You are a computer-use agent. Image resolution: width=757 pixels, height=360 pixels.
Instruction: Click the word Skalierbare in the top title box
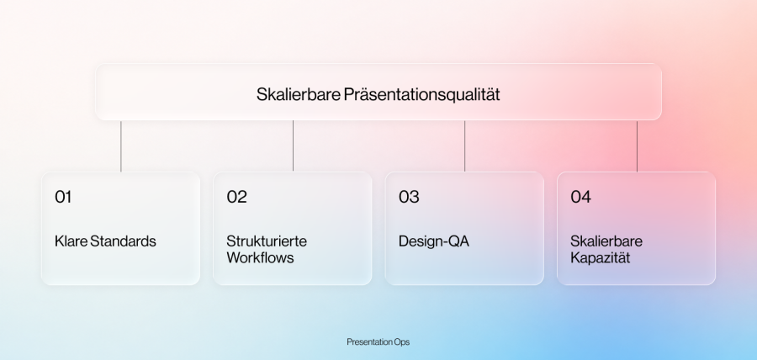tap(299, 94)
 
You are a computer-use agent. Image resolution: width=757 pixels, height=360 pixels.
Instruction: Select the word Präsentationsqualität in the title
tap(422, 94)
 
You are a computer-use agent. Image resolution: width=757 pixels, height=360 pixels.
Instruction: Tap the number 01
tap(63, 197)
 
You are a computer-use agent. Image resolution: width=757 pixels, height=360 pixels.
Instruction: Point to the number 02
tap(236, 197)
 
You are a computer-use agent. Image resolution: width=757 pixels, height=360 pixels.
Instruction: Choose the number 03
tap(409, 197)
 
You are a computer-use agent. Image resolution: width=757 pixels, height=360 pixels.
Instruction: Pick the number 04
tap(580, 197)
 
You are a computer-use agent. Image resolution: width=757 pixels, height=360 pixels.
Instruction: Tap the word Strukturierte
tap(267, 241)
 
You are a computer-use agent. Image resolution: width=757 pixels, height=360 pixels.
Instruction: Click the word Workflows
tap(260, 257)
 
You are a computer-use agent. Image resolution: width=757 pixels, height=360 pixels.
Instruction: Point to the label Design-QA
tap(433, 241)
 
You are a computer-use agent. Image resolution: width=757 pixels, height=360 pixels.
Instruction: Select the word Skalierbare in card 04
tap(606, 241)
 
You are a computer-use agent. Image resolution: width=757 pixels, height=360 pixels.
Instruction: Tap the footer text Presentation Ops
tap(378, 342)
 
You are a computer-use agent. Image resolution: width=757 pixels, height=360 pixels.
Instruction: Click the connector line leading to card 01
tap(120, 146)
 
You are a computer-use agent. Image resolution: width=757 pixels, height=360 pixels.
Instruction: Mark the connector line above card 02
tap(293, 146)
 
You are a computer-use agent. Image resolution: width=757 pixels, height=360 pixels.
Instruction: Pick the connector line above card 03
tap(465, 146)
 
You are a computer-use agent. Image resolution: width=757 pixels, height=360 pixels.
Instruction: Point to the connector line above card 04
tap(637, 146)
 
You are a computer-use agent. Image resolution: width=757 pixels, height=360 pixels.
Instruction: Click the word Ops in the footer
tap(403, 342)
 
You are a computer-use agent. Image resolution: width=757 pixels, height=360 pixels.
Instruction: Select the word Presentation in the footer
tap(370, 342)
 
